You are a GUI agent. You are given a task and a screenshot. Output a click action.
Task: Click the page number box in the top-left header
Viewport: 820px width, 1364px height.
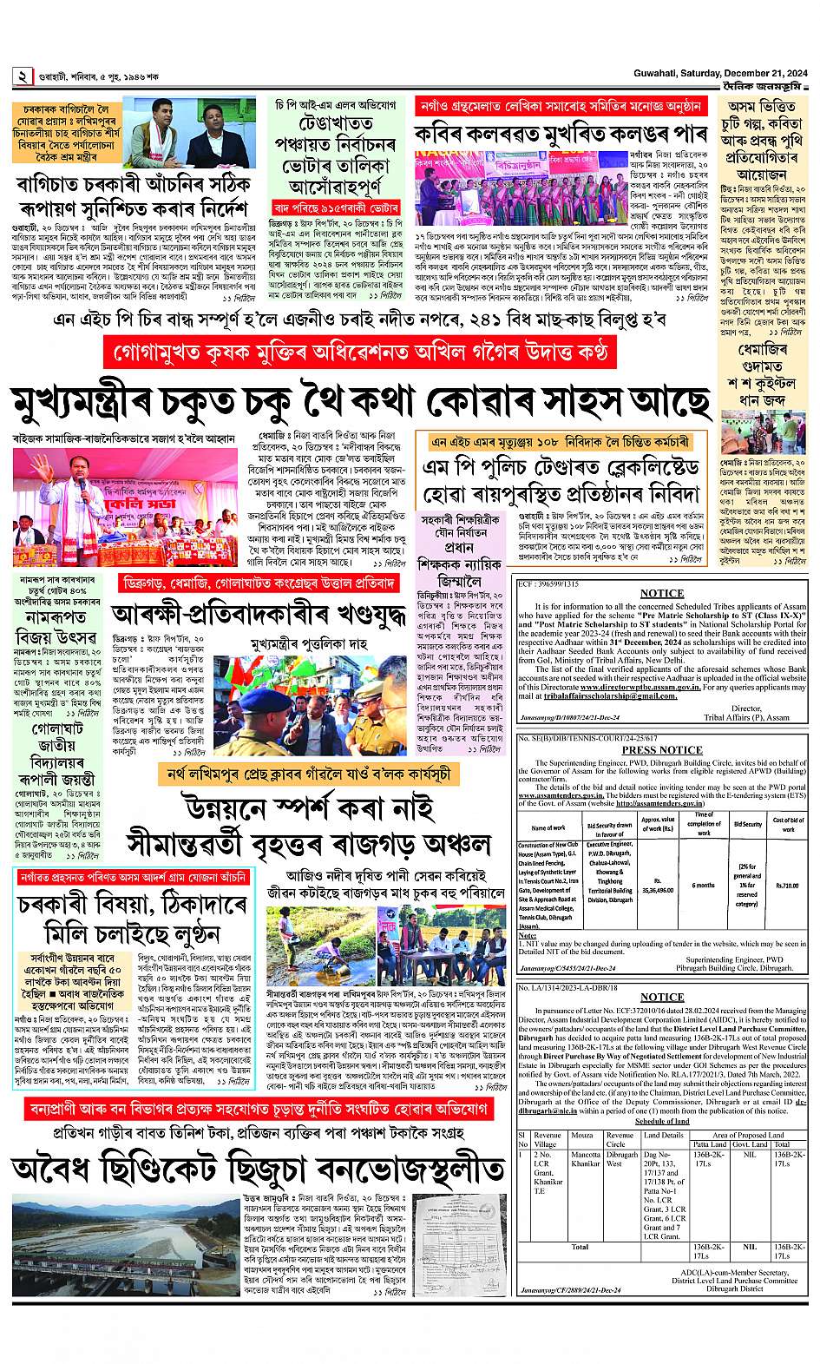tap(20, 76)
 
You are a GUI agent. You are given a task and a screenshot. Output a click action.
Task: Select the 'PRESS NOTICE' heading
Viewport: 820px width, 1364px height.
tap(662, 750)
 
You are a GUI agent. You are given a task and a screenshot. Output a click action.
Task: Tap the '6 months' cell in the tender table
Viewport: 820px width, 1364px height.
tap(703, 885)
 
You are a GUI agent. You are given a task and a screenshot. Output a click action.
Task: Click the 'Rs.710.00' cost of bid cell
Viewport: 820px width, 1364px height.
tap(788, 885)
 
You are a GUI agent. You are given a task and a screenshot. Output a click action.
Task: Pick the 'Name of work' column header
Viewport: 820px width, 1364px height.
tap(548, 827)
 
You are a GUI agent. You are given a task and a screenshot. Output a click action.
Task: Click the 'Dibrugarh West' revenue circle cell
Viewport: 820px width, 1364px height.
tap(621, 1159)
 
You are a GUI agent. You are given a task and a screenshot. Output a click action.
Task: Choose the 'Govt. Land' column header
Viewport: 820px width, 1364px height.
tap(751, 1145)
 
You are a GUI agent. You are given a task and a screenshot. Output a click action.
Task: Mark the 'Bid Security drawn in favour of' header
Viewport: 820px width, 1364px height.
tap(609, 827)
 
